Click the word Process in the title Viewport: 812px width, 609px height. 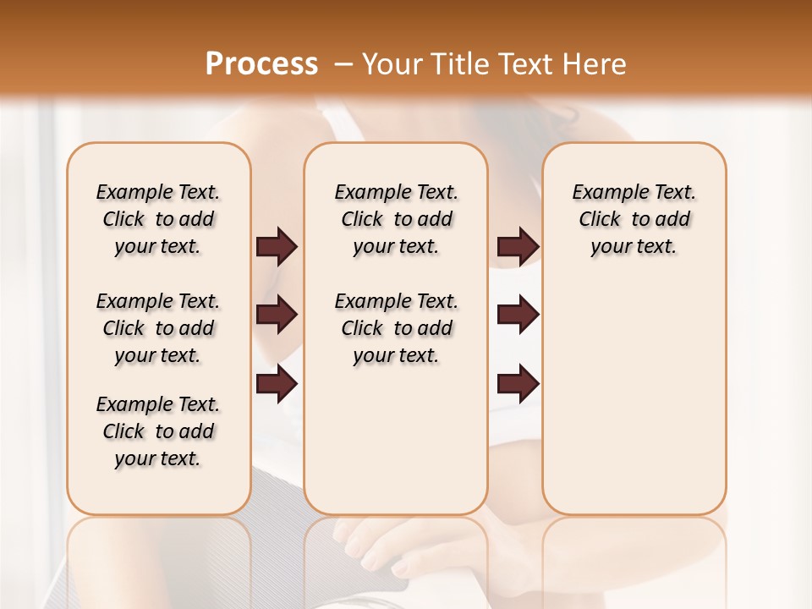[x=261, y=63]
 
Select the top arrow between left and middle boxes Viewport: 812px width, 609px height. [x=277, y=247]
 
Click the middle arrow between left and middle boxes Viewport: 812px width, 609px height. [x=277, y=315]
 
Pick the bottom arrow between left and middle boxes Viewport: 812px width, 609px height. [x=277, y=385]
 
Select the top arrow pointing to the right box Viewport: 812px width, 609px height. [x=518, y=247]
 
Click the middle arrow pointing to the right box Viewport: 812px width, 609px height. [x=518, y=315]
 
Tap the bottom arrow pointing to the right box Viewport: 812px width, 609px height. [x=518, y=385]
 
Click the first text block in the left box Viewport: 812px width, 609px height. [x=158, y=219]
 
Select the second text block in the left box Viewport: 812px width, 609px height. [x=158, y=328]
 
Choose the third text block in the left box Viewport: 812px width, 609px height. [x=158, y=431]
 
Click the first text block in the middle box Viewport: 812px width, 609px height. [x=396, y=219]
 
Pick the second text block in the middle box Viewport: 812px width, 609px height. [x=396, y=328]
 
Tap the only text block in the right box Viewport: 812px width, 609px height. [x=634, y=219]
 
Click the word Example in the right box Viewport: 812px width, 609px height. [x=602, y=193]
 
